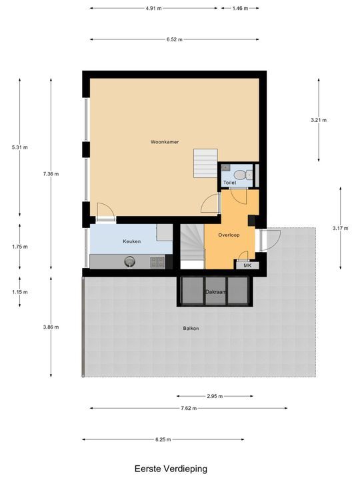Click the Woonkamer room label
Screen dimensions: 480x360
click(164, 141)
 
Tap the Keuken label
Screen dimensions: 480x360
click(131, 241)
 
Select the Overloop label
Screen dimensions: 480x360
click(229, 235)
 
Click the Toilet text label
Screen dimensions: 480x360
click(229, 182)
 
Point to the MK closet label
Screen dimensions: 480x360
click(247, 265)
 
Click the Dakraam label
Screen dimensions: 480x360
click(215, 292)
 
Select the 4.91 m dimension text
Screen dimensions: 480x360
click(153, 9)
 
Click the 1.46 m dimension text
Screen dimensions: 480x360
click(239, 9)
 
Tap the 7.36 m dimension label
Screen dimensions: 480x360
click(51, 174)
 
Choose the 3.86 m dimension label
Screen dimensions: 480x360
click(51, 327)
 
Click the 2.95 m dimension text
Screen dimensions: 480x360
click(214, 397)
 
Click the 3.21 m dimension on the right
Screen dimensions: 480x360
click(319, 120)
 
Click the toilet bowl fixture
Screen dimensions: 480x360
click(248, 175)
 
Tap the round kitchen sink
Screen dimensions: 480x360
click(129, 262)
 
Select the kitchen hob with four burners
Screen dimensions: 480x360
click(157, 262)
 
